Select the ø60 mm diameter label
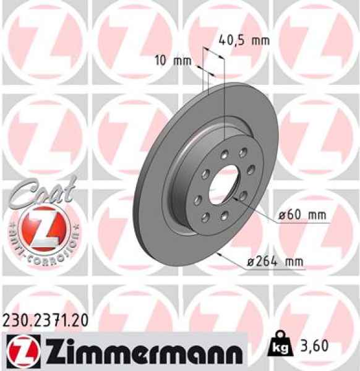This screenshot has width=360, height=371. (301, 215)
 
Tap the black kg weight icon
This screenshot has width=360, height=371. (280, 348)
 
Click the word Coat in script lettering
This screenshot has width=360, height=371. (45, 191)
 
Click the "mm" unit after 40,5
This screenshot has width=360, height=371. (262, 41)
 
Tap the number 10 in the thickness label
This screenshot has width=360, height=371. (160, 61)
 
